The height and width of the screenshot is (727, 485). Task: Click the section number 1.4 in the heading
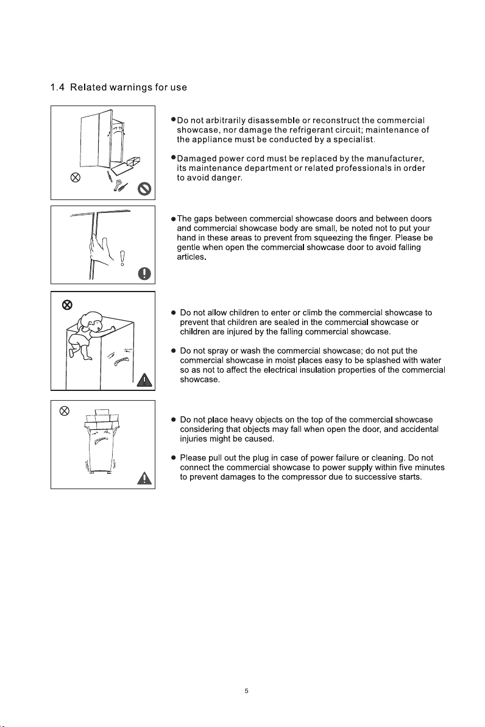pos(57,87)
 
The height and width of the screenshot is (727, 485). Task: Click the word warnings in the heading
pos(130,88)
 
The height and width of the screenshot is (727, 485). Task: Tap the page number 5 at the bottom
pos(246,691)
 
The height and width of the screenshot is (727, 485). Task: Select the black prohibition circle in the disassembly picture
pos(145,189)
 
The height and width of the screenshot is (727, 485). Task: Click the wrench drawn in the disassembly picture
pos(118,185)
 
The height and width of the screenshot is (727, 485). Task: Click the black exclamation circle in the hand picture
pos(144,274)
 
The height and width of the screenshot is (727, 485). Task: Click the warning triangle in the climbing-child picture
pos(145,380)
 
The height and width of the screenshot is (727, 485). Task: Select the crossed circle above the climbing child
pos(67,304)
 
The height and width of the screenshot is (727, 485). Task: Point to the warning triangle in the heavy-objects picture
pos(145,478)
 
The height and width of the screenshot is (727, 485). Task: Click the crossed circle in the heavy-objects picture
pos(65,411)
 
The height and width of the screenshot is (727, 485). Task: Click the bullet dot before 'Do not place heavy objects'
pos(173,420)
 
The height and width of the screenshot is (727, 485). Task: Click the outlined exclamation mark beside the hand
pos(122,258)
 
